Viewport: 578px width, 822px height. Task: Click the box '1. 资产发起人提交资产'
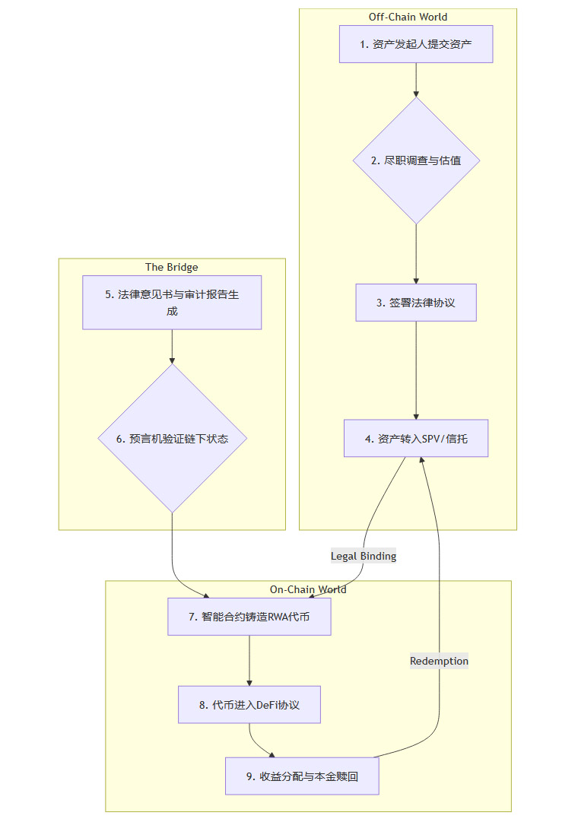416,44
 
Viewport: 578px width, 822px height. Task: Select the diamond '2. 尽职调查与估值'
416,160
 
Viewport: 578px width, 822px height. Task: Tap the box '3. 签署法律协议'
416,303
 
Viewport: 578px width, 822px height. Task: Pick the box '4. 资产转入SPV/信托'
416,439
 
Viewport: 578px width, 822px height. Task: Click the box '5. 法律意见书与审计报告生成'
172,302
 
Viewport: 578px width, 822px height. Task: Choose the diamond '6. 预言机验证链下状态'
172,439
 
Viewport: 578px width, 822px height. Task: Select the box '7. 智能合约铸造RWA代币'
249,617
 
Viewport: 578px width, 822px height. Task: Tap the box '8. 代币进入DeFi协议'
249,705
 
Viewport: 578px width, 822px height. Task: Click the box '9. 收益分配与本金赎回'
302,776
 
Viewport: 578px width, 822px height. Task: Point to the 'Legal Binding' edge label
364,556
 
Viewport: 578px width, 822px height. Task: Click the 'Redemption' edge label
439,661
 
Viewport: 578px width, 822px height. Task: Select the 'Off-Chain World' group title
408,17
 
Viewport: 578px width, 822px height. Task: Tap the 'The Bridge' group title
172,267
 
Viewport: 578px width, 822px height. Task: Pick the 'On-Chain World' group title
308,589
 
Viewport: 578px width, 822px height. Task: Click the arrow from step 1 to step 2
416,80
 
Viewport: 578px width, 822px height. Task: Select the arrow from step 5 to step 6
172,347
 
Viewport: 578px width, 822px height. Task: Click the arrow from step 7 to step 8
249,661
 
